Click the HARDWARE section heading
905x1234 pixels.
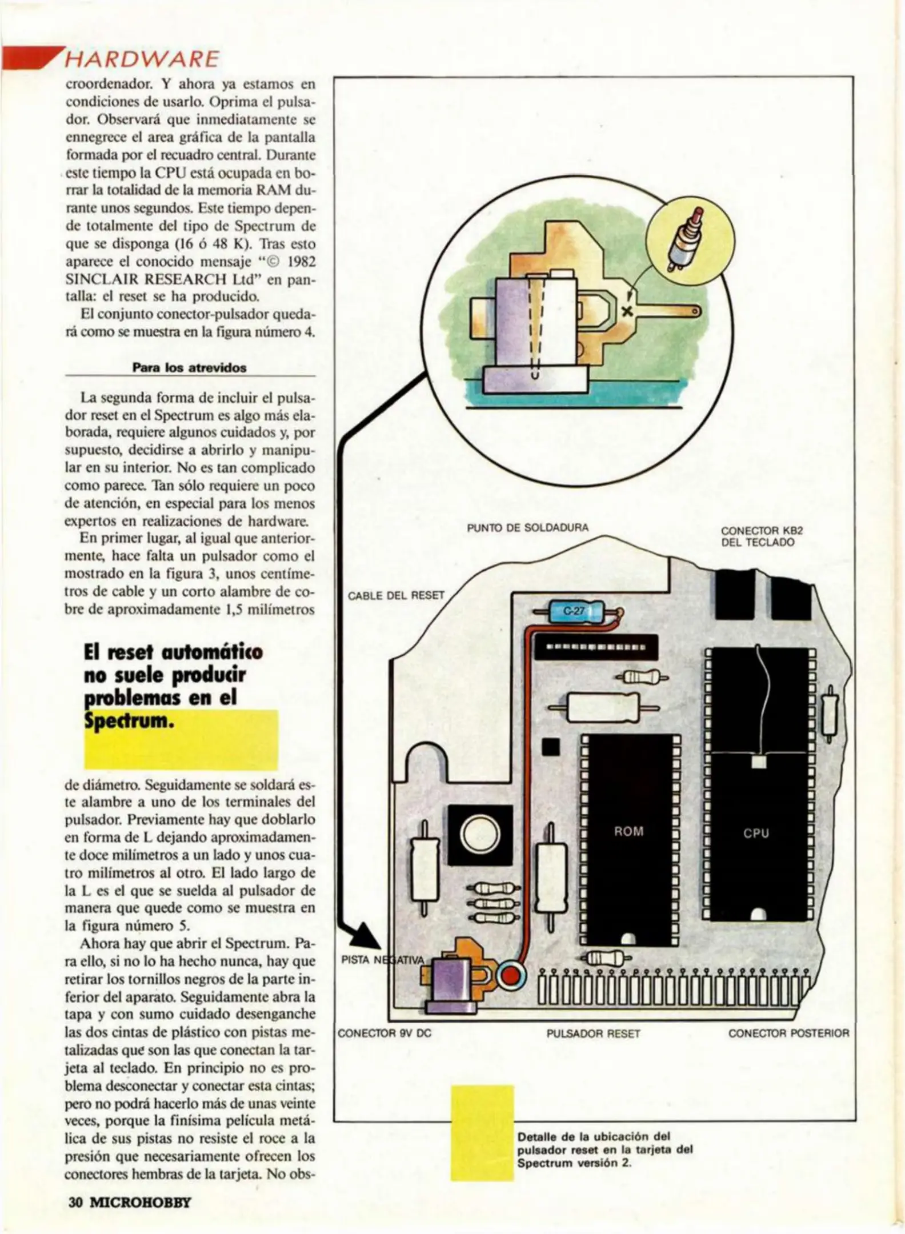tap(142, 59)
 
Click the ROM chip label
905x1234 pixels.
tap(628, 832)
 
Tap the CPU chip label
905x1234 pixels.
tap(756, 834)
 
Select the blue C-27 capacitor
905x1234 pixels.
tap(573, 611)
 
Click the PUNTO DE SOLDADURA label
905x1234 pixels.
tap(527, 527)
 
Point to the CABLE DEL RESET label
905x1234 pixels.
tap(396, 595)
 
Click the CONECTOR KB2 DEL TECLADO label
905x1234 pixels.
tap(762, 536)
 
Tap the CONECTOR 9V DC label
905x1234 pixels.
tap(384, 1033)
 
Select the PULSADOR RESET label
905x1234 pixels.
tap(593, 1033)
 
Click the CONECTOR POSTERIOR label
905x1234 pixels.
tap(788, 1033)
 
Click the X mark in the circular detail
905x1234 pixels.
tap(627, 311)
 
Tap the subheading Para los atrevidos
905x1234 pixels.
tap(189, 368)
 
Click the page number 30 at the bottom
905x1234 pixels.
tap(76, 1202)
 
